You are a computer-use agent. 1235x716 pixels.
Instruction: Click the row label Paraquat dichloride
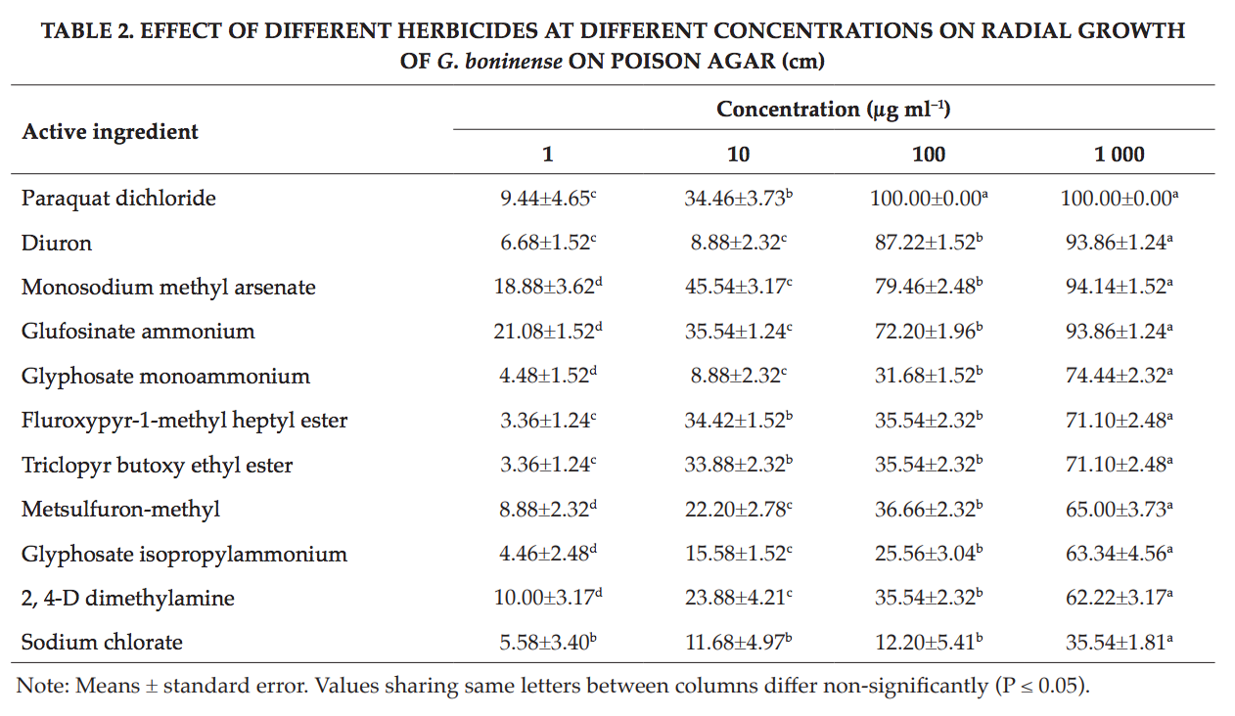click(x=118, y=199)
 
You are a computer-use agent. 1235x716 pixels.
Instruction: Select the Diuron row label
click(x=56, y=244)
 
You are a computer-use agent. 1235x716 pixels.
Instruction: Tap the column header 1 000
click(x=1120, y=155)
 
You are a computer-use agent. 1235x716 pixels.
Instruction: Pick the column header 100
click(x=929, y=155)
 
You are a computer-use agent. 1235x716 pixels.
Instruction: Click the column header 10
click(x=738, y=155)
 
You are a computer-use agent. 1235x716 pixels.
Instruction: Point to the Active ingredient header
click(x=110, y=132)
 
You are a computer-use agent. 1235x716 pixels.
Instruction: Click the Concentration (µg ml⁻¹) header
click(x=833, y=110)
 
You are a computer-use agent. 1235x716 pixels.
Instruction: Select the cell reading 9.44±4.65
click(x=548, y=199)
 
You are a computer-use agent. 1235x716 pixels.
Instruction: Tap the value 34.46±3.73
click(x=738, y=199)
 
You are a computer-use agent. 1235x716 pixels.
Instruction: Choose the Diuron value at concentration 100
click(x=929, y=244)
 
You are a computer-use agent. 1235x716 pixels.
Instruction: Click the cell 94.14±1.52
click(x=1120, y=287)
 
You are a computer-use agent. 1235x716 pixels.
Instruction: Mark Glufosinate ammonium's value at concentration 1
click(x=548, y=332)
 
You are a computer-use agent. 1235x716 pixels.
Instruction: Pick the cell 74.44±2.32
click(x=1120, y=376)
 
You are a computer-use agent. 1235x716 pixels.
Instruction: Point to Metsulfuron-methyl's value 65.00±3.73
click(x=1120, y=510)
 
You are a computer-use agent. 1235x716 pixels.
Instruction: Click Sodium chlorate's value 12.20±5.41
click(x=929, y=642)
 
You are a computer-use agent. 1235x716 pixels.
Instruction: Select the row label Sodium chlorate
click(x=102, y=643)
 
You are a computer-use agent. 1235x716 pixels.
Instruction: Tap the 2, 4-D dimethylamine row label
click(x=128, y=599)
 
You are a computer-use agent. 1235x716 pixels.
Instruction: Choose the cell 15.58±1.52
click(x=738, y=554)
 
